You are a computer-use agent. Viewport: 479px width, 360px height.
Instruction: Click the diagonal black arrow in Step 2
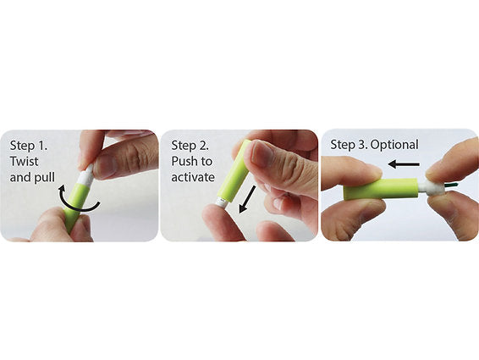[x=247, y=199]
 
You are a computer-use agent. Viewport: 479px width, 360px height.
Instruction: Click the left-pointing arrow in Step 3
[x=403, y=164]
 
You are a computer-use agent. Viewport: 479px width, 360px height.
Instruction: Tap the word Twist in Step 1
[x=25, y=161]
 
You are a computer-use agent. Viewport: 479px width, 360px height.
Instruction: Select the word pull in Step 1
[x=45, y=177]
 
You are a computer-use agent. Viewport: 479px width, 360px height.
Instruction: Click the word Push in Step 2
[x=184, y=161]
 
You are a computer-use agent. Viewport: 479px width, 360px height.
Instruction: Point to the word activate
[x=193, y=177]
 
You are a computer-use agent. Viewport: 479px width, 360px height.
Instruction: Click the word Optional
[x=394, y=145]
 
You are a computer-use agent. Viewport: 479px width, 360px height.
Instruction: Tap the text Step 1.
[x=29, y=146]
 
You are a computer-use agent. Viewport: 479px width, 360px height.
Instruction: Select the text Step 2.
[x=190, y=146]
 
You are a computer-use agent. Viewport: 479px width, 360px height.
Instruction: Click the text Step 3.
[x=350, y=145]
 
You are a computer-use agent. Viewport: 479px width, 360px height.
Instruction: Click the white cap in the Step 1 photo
[x=85, y=175]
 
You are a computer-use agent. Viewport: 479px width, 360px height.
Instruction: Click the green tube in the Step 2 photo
[x=235, y=172]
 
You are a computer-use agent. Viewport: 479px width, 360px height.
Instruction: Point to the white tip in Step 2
[x=221, y=202]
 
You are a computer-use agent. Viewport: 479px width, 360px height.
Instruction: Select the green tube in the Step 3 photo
[x=380, y=189]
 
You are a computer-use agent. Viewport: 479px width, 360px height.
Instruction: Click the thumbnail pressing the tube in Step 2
[x=262, y=153]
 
